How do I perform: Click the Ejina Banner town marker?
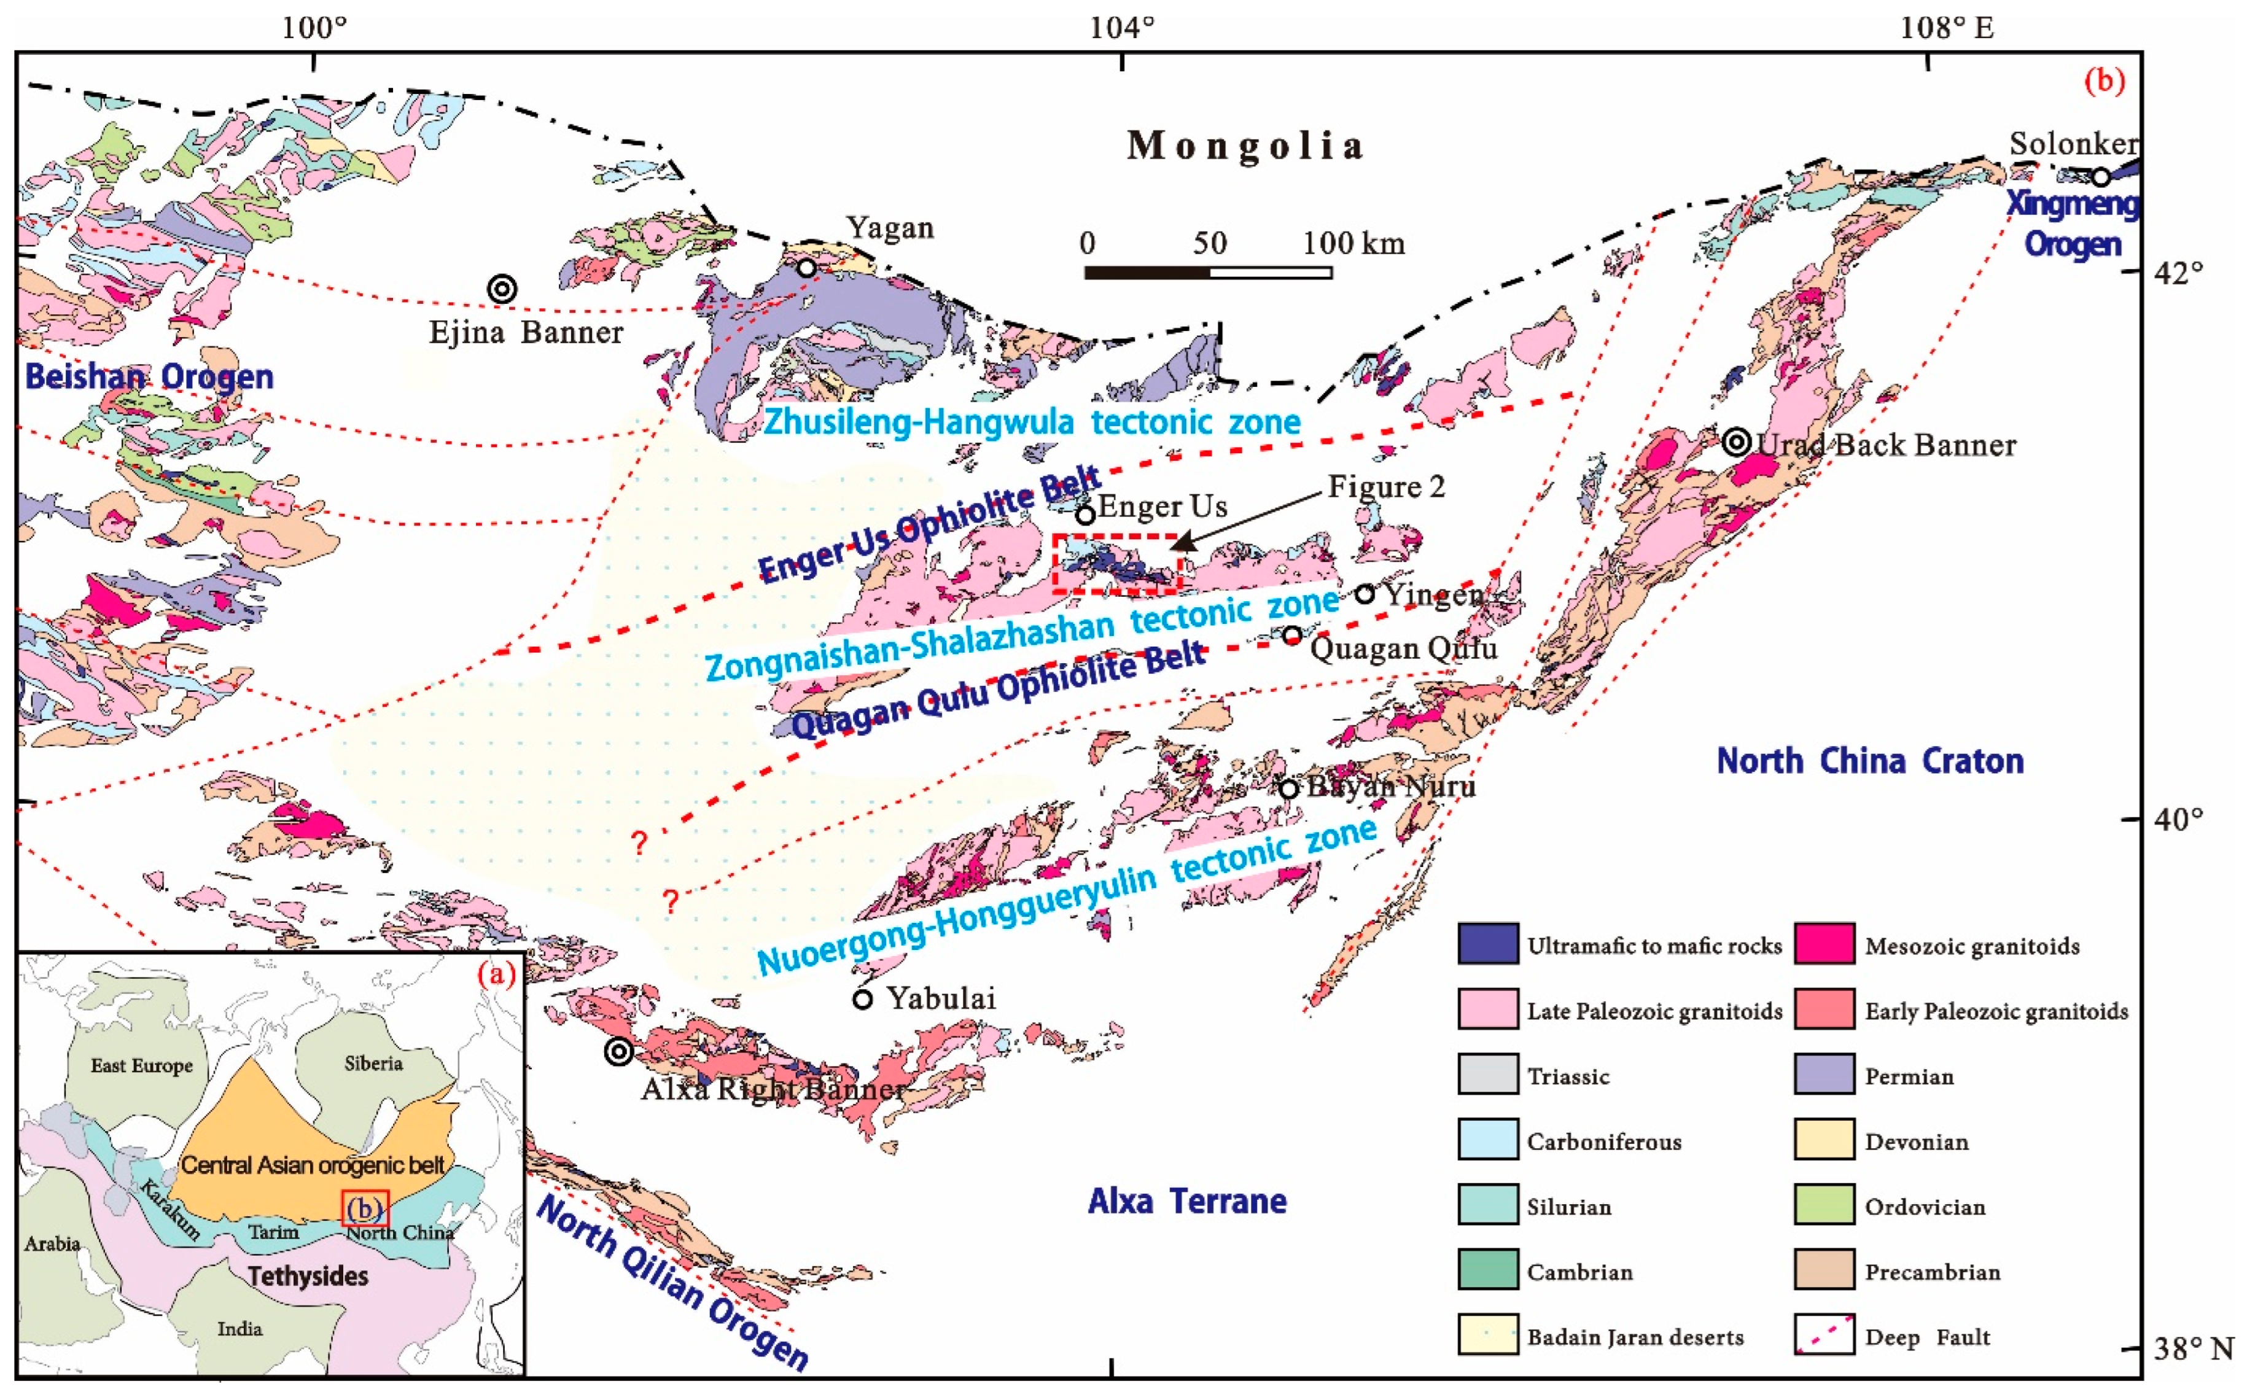pyautogui.click(x=502, y=289)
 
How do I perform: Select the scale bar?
pyautogui.click(x=1208, y=273)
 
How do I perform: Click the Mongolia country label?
pyautogui.click(x=1245, y=146)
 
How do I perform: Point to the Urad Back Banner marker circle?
pyautogui.click(x=1736, y=443)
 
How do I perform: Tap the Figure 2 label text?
pyautogui.click(x=1385, y=486)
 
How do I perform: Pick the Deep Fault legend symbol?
pyautogui.click(x=1823, y=1336)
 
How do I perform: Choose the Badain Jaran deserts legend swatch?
pyautogui.click(x=1487, y=1336)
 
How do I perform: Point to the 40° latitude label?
pyautogui.click(x=2178, y=818)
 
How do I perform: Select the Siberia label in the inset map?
pyautogui.click(x=373, y=1063)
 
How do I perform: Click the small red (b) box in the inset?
pyautogui.click(x=365, y=1208)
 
